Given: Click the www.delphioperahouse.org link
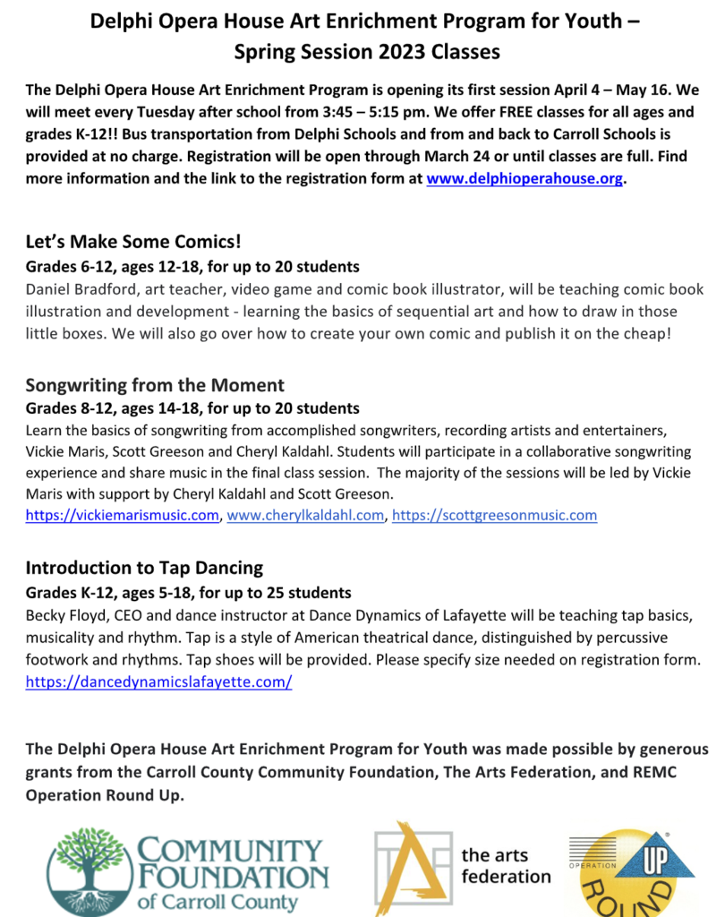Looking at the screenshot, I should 524,178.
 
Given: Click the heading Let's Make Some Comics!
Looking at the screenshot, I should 134,243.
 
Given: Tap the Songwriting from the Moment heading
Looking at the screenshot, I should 155,385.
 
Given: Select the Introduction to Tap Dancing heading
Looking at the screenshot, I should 144,568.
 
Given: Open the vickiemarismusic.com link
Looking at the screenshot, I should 123,515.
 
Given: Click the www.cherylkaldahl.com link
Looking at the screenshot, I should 305,515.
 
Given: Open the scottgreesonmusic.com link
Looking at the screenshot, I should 494,515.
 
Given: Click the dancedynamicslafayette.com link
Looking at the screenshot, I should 158,681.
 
